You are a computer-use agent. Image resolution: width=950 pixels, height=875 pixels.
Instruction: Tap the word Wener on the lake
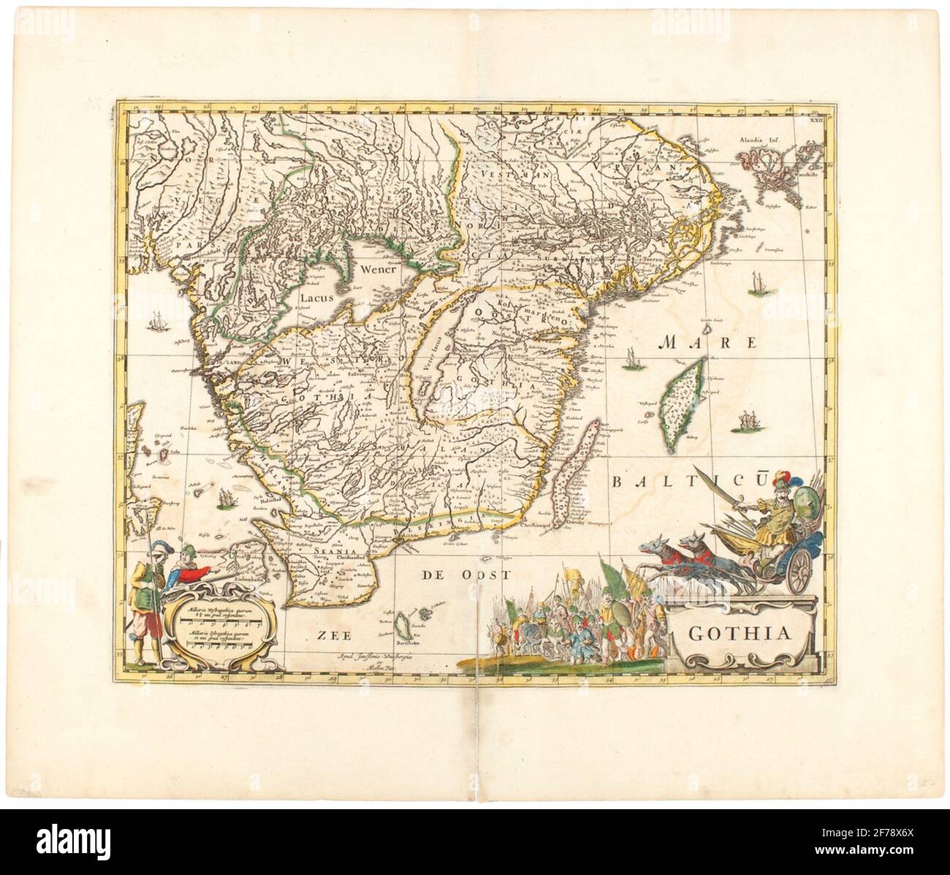coord(378,268)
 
